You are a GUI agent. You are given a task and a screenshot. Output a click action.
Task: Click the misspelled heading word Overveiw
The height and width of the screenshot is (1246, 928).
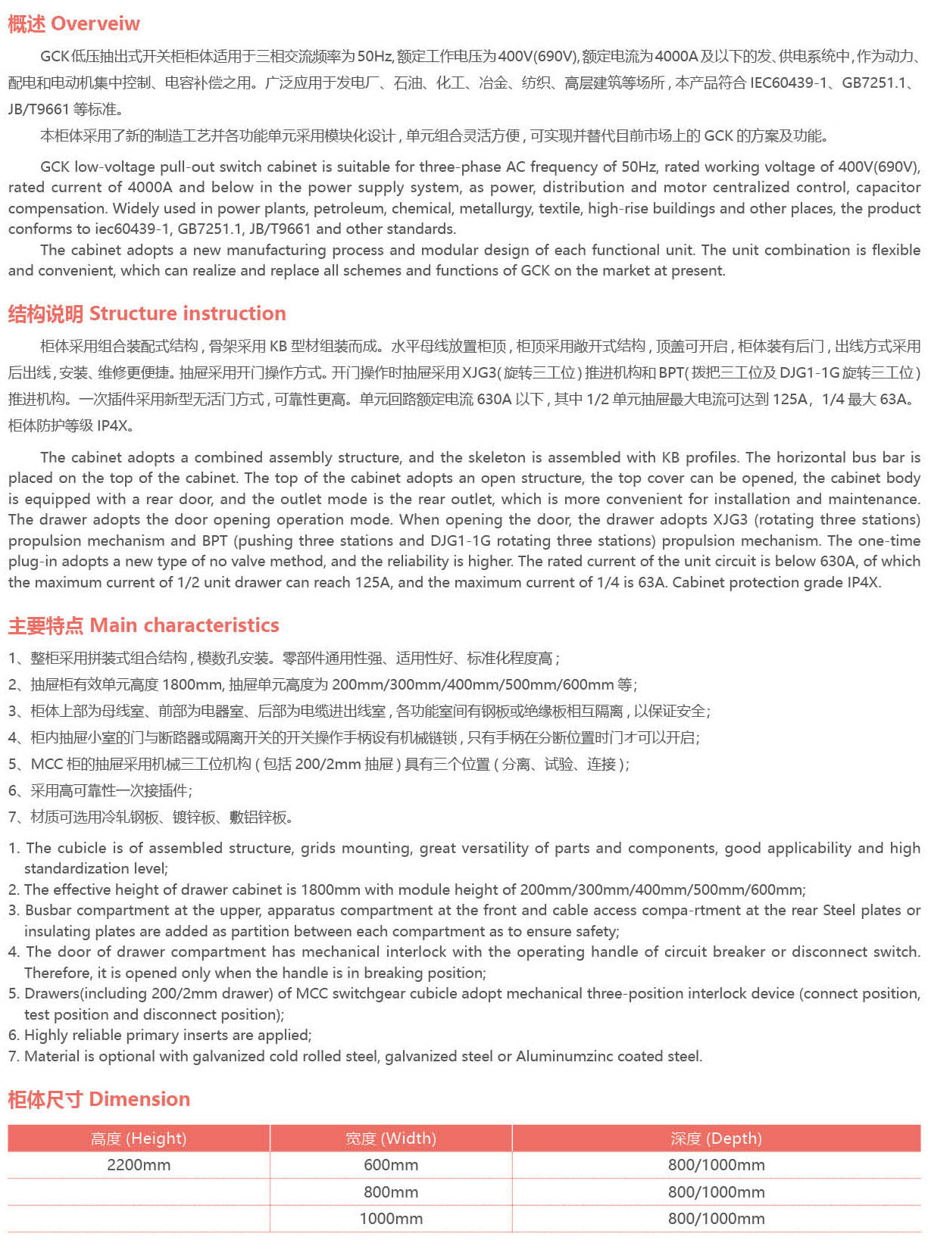point(95,24)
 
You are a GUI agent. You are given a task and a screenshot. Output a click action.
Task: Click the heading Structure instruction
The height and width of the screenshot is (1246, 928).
point(187,313)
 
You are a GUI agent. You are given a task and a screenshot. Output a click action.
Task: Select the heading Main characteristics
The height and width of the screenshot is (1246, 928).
point(184,625)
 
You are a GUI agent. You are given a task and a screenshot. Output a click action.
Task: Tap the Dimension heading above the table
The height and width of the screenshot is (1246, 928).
point(139,1099)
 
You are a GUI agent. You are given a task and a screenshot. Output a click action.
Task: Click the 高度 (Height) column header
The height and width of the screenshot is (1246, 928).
point(139,1139)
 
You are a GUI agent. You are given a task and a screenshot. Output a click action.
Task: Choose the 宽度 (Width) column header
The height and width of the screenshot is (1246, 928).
point(391,1139)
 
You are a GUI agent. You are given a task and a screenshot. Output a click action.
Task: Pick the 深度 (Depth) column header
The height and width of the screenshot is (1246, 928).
point(716,1139)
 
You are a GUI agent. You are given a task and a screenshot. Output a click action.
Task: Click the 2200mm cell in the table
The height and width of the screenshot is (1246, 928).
point(139,1165)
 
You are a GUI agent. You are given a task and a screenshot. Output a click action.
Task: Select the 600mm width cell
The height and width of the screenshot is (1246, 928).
point(391,1165)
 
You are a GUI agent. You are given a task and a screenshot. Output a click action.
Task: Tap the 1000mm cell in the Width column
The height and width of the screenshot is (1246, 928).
point(391,1219)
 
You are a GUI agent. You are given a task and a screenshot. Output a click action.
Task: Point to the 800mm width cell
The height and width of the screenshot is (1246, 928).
point(391,1192)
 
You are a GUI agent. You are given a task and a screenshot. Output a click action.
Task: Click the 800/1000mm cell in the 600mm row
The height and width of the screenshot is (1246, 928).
point(716,1165)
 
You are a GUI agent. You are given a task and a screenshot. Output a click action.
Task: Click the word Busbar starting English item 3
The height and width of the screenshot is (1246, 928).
point(48,911)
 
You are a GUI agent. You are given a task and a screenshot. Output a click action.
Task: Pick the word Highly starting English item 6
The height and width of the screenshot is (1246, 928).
point(48,1035)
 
